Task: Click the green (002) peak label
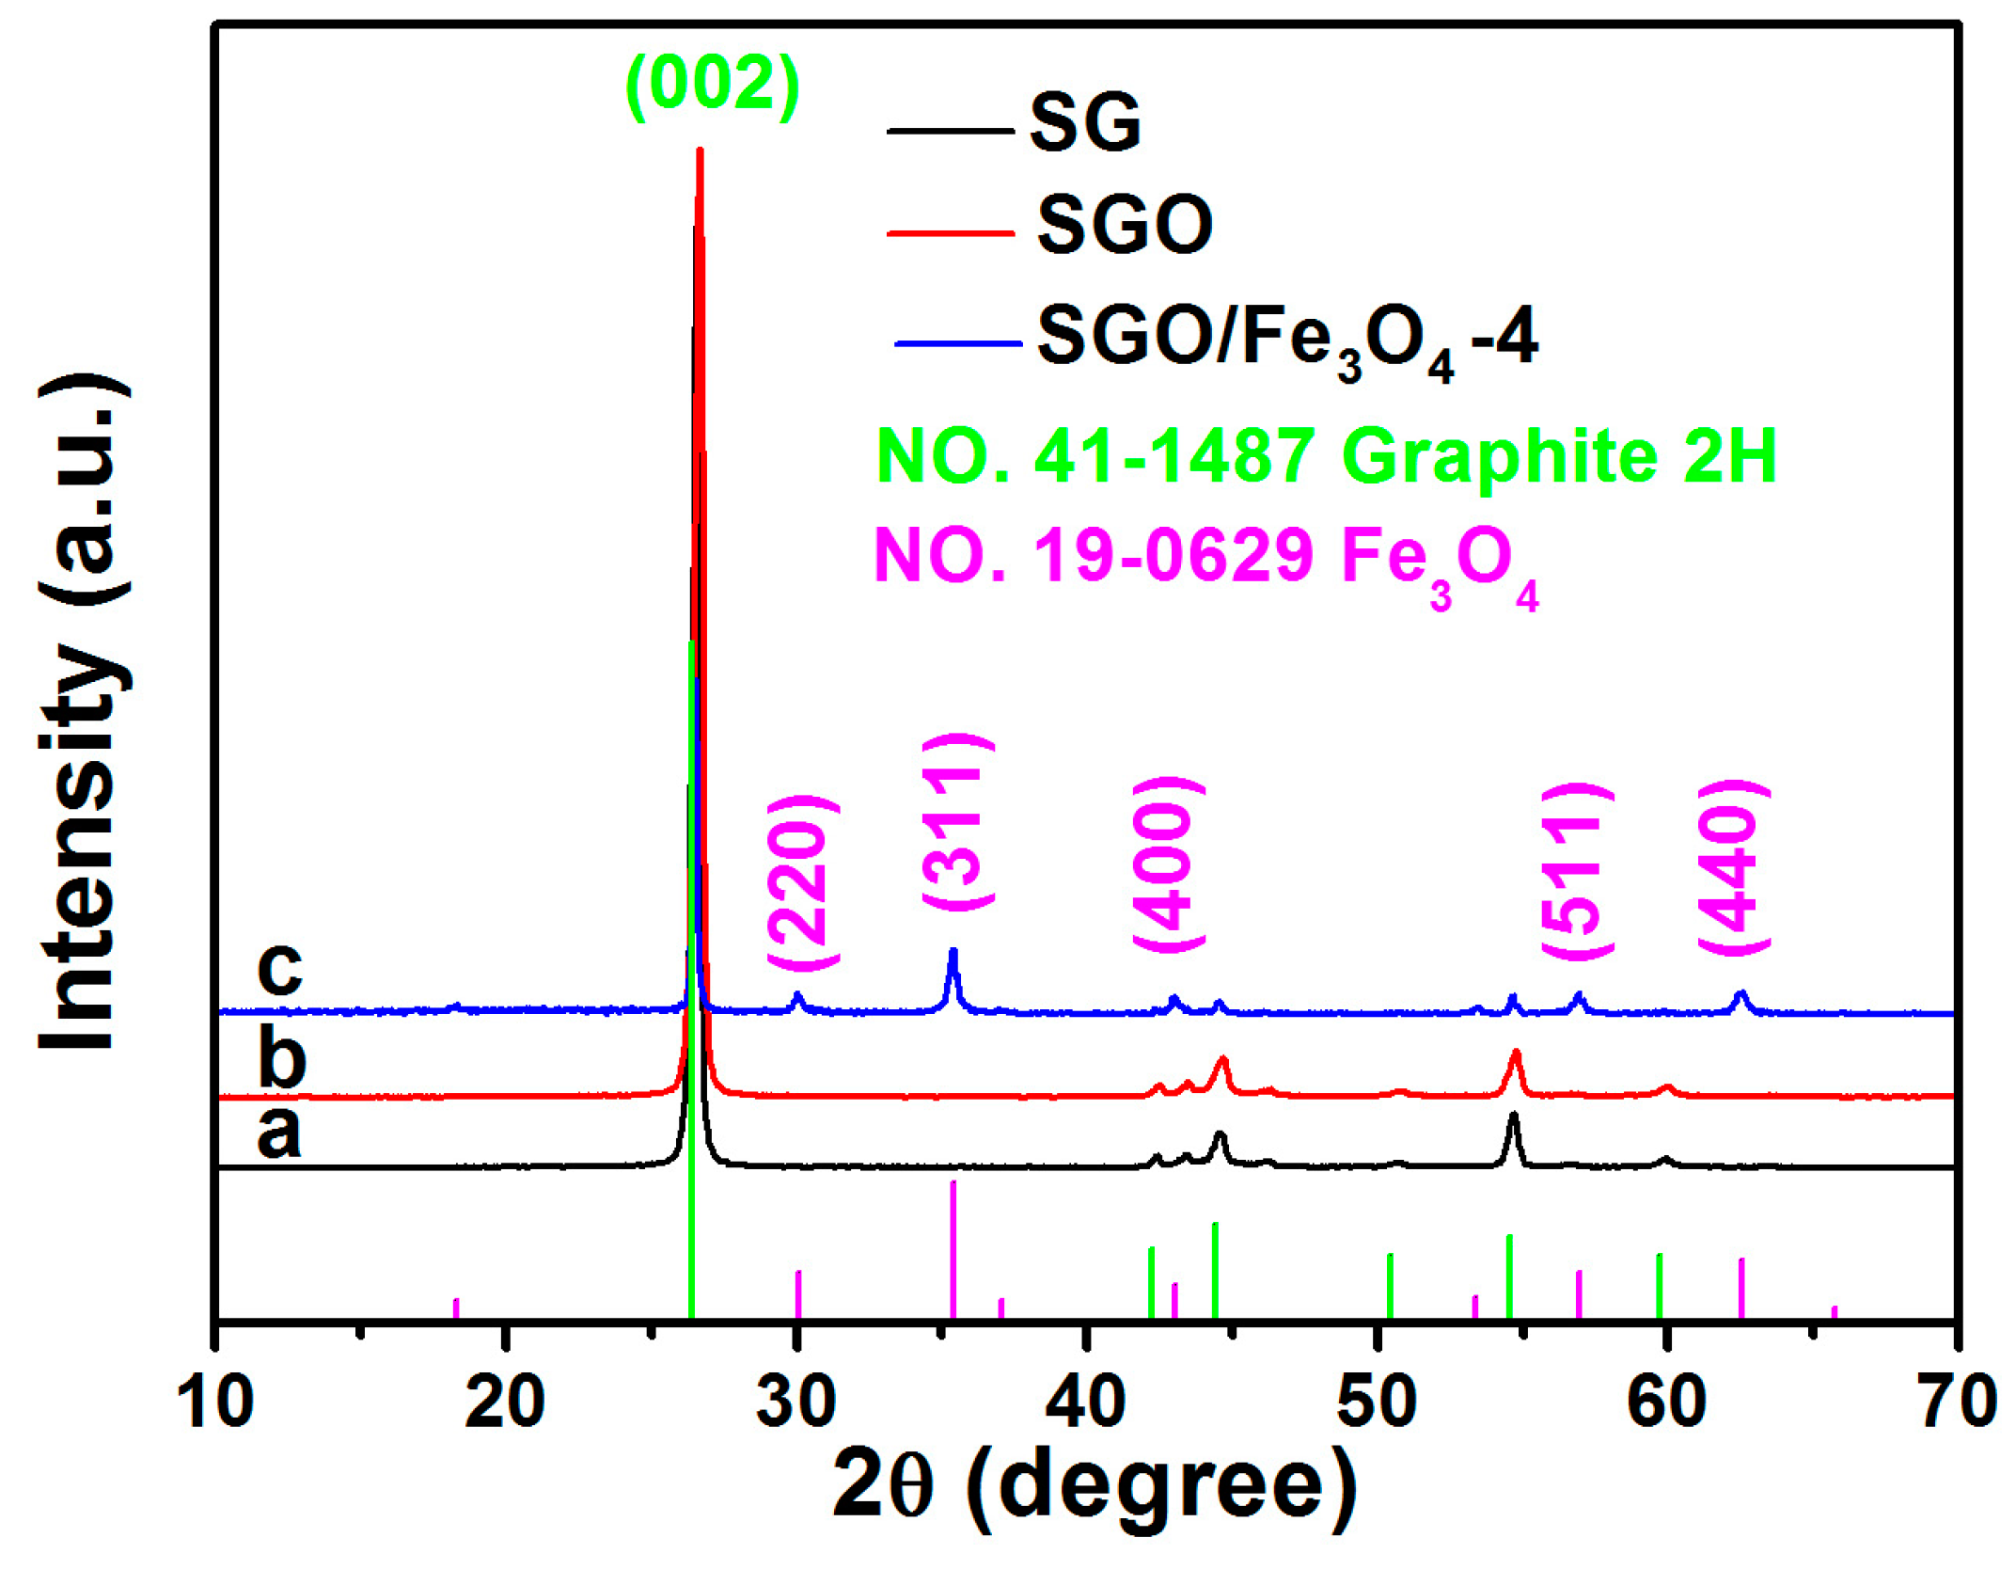click(713, 85)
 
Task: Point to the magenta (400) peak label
click(1168, 864)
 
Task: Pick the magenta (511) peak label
click(1577, 869)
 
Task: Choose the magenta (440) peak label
click(1733, 867)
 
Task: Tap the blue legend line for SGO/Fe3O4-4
click(957, 344)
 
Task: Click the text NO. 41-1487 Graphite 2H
click(1326, 455)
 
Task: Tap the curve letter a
click(279, 1131)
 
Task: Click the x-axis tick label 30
click(795, 1403)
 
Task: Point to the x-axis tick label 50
click(1376, 1403)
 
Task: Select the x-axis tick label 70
click(1957, 1403)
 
